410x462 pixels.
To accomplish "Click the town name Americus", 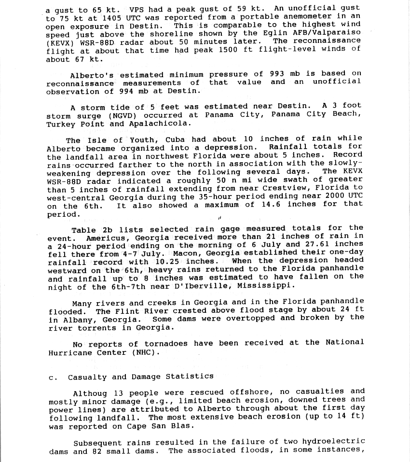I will click(x=105, y=238).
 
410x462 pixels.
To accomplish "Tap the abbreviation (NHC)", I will click(x=142, y=352).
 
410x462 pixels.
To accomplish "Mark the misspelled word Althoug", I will click(x=90, y=392).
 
